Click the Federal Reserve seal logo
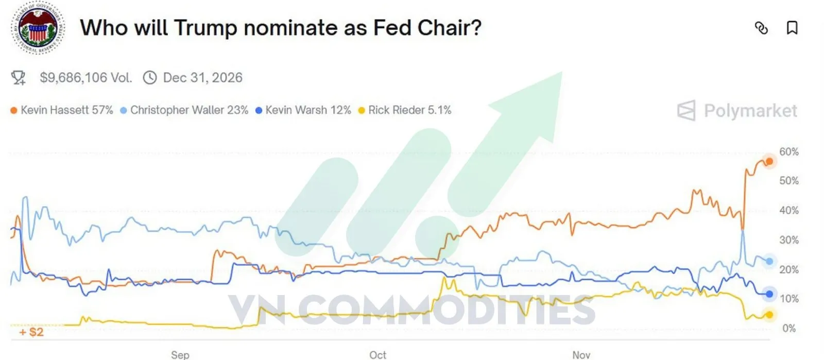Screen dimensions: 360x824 pos(38,28)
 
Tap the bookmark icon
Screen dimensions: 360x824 pos(792,28)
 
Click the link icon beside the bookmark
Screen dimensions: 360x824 pos(761,28)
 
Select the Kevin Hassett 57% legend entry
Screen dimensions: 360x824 pos(62,110)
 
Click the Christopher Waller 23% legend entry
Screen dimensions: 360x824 pos(184,110)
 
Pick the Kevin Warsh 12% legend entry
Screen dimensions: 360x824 pos(303,110)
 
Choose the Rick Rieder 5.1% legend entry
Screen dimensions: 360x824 pos(405,110)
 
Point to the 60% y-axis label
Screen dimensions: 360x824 pos(788,152)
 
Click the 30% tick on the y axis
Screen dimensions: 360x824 pos(788,240)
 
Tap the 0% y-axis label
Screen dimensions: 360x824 pos(788,328)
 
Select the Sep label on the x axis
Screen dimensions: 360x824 pos(180,355)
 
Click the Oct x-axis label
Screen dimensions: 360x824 pos(377,355)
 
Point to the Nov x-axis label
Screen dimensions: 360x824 pos(581,355)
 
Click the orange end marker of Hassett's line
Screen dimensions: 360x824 pos(769,162)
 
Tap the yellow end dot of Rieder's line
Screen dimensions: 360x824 pos(769,315)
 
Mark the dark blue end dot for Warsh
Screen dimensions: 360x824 pos(769,294)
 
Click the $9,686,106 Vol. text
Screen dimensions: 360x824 pos(86,78)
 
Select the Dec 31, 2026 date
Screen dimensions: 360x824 pos(202,78)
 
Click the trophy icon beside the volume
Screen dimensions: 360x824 pos(19,78)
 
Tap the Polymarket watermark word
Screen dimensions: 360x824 pos(750,111)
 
